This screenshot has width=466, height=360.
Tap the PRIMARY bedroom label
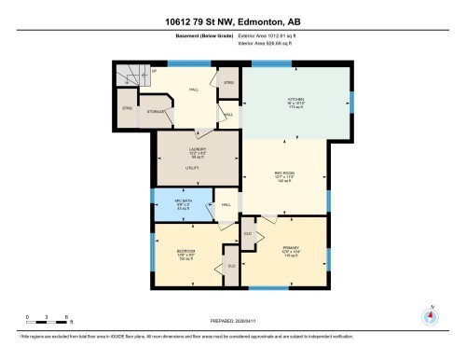pos(289,247)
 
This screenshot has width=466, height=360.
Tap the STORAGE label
pos(157,112)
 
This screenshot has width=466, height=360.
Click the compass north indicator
pos(429,314)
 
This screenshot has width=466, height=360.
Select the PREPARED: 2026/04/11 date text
pos(233,322)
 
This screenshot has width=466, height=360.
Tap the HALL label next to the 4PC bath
pos(225,204)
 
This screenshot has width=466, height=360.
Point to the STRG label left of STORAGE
pos(127,108)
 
